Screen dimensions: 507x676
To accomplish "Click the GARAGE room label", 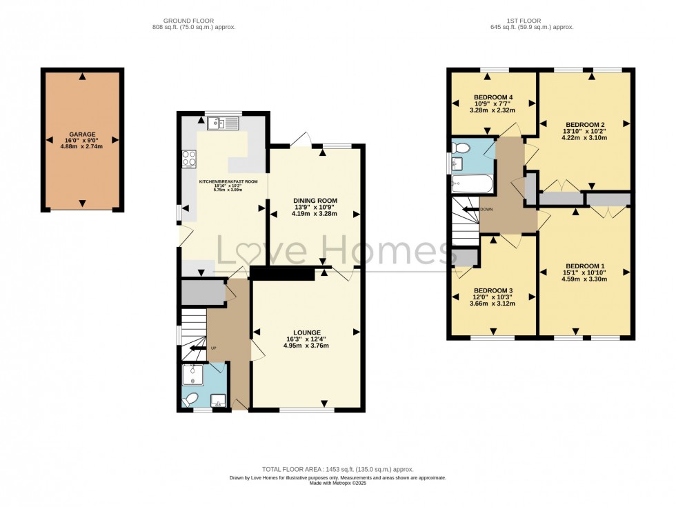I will tap(82, 135).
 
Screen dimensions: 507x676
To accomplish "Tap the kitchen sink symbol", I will tap(222, 123).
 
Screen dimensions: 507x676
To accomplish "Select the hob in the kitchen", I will tap(188, 159).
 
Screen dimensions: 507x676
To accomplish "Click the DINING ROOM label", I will tap(314, 199).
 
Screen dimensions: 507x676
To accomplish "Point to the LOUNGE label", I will tap(306, 332).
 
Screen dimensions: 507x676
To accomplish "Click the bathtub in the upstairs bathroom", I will tap(472, 183).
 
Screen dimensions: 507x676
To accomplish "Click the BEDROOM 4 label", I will tap(493, 97).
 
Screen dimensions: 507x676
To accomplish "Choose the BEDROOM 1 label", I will tap(584, 266).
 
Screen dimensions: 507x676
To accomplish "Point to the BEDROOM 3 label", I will tap(493, 290).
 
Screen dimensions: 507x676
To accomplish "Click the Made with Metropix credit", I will tap(337, 483).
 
